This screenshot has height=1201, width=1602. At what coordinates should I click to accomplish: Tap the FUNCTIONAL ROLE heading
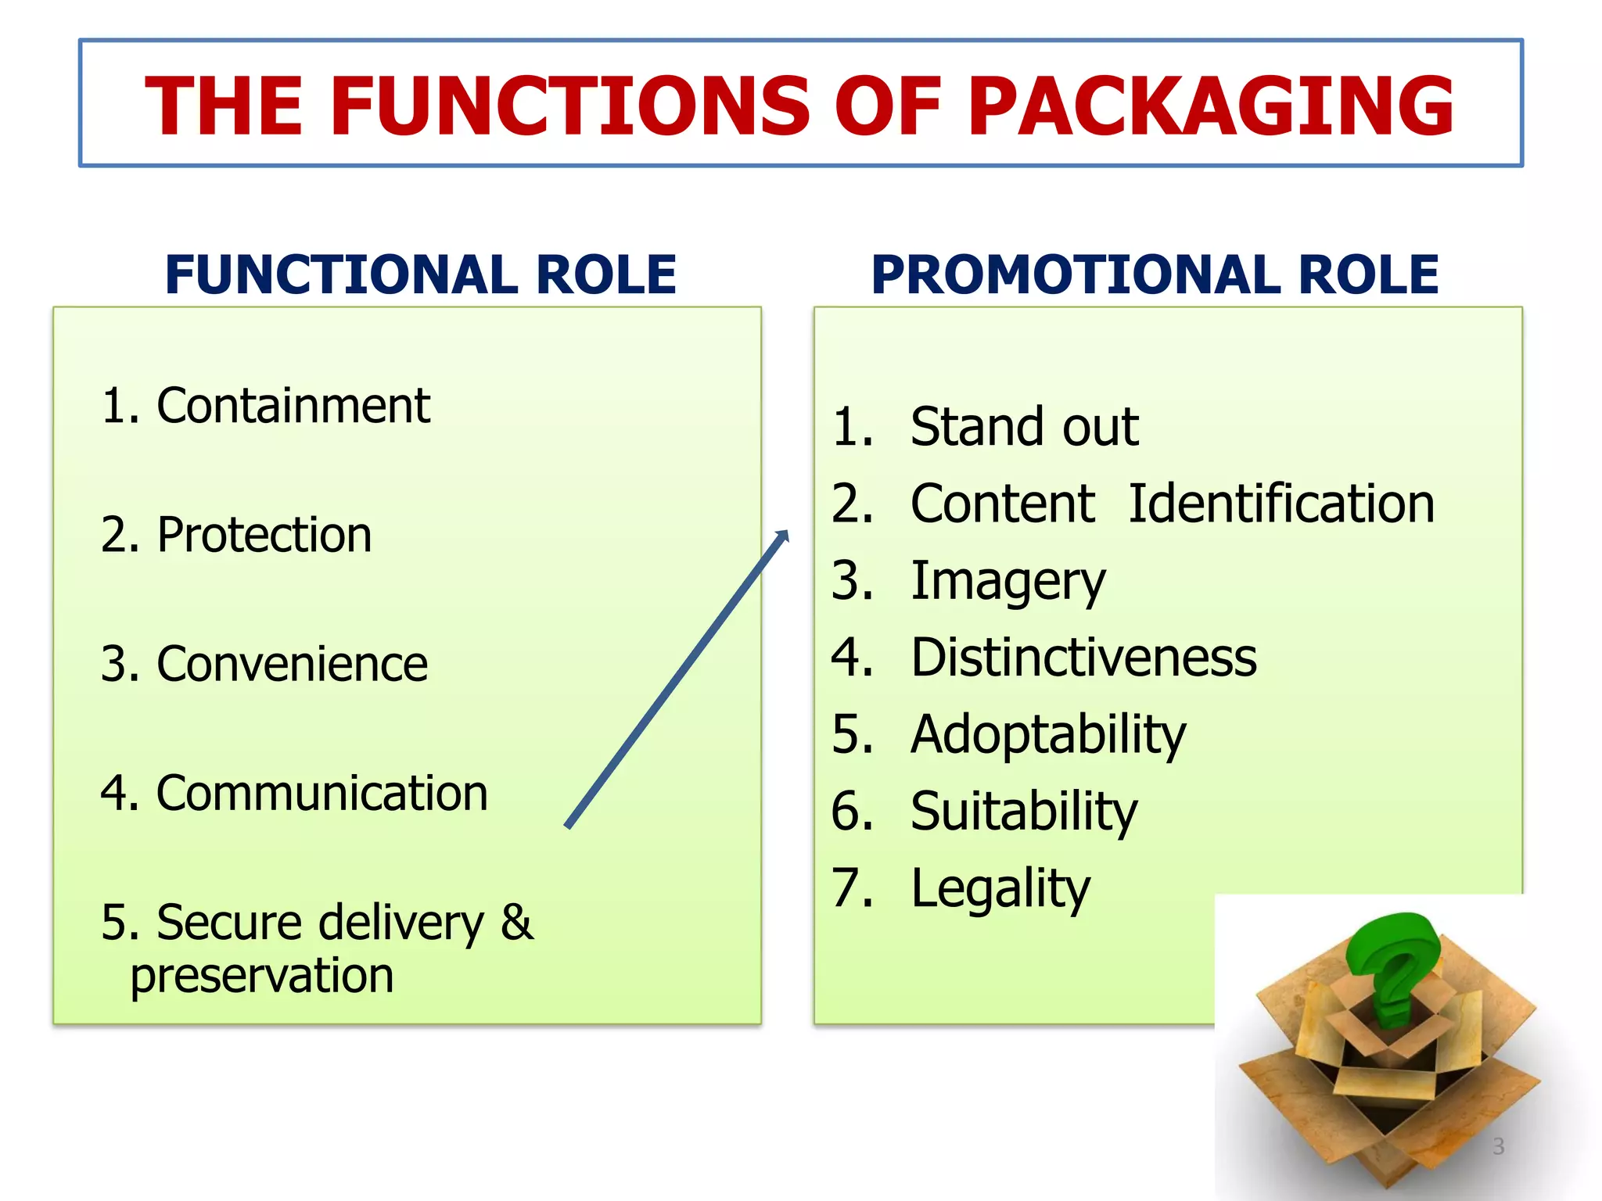click(421, 275)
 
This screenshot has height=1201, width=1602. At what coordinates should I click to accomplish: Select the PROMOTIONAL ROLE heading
click(1155, 275)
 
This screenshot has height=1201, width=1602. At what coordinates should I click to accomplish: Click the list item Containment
click(293, 406)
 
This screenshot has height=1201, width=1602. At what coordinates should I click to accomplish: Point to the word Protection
click(264, 536)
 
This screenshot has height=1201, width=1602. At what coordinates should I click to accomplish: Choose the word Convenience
click(292, 665)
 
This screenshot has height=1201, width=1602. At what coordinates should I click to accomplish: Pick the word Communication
click(321, 794)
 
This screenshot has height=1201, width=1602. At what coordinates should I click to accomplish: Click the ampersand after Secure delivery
click(517, 922)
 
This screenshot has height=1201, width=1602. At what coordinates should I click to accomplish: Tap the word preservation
click(262, 977)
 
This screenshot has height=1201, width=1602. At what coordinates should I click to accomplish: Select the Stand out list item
click(1025, 427)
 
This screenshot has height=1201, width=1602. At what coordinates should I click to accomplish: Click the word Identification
click(1281, 504)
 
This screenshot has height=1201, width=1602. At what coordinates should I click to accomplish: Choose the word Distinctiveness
click(1084, 658)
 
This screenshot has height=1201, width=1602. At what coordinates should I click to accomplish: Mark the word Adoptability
click(1048, 735)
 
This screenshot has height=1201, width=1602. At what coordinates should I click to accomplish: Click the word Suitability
click(1024, 812)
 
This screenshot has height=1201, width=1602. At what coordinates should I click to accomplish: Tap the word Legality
click(1000, 889)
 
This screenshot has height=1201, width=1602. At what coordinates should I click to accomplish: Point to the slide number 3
click(1498, 1146)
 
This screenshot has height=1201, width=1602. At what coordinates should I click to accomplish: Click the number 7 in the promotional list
click(852, 888)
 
